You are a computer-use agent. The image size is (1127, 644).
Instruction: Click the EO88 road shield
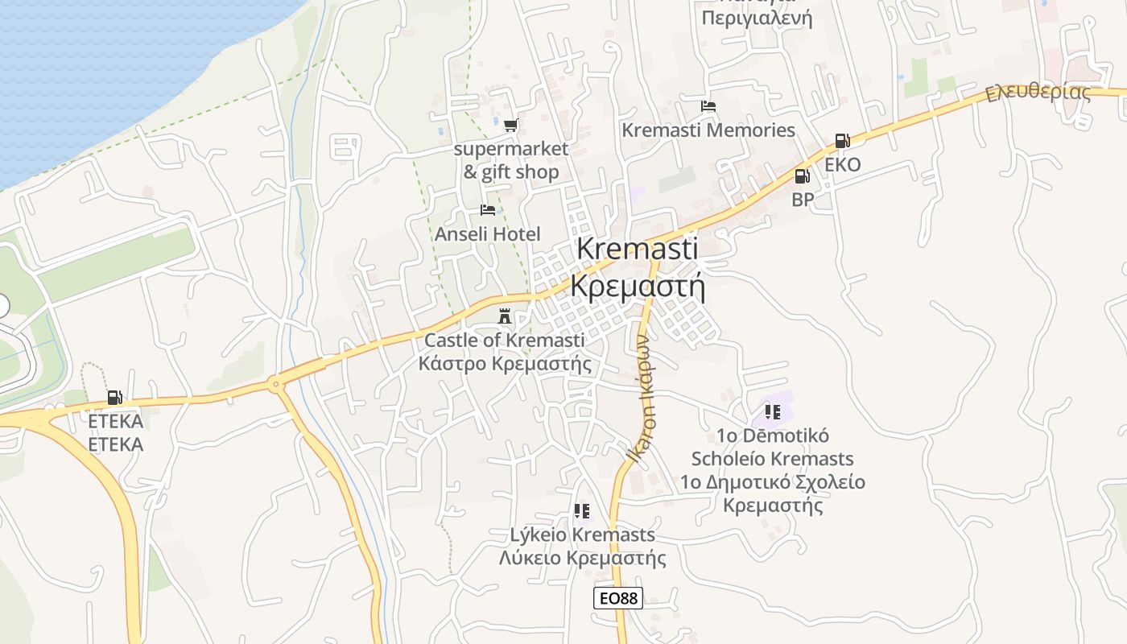point(618,598)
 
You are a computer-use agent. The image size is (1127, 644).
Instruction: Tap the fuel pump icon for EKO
point(842,141)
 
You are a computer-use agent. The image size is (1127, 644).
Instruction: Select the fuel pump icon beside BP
point(802,176)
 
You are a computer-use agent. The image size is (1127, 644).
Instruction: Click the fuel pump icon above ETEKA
point(114,397)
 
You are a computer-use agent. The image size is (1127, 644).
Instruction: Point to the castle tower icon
point(505,316)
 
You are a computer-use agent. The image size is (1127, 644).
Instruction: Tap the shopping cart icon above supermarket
point(510,125)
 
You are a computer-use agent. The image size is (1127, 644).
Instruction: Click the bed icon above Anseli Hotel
point(488,210)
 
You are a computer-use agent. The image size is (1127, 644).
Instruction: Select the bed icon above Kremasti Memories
point(708,106)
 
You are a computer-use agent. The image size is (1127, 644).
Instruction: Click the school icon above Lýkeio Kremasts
point(582,510)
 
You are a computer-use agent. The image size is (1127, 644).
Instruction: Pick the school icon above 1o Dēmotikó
point(773,412)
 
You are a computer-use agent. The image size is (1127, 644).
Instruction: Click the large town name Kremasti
point(638,248)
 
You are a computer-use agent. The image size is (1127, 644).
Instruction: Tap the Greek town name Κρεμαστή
point(638,286)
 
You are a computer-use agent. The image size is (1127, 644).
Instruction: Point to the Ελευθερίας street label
point(1038,92)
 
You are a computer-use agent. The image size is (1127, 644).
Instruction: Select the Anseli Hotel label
point(488,234)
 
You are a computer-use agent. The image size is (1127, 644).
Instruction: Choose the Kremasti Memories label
point(708,130)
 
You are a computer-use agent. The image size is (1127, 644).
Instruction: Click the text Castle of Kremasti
point(505,340)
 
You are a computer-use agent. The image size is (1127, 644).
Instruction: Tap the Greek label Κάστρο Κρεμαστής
point(505,363)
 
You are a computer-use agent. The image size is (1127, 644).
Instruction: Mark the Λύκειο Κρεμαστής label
point(582,558)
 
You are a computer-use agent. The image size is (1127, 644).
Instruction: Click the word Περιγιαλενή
point(757,18)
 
